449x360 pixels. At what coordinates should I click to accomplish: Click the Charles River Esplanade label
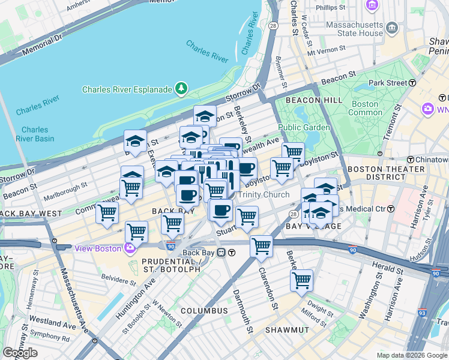(x=127, y=90)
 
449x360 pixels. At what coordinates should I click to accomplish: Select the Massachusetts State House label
(x=354, y=29)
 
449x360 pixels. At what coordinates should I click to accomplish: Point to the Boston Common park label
(x=364, y=108)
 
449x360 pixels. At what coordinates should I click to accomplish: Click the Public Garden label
(x=304, y=127)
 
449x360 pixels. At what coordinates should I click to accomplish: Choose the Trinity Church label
(x=264, y=194)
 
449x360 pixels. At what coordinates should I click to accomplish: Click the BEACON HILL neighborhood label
(x=314, y=100)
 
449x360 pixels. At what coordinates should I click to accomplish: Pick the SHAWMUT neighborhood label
(x=288, y=330)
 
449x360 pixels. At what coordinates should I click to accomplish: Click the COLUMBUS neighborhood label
(x=204, y=311)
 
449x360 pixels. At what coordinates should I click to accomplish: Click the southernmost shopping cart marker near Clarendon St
(x=301, y=280)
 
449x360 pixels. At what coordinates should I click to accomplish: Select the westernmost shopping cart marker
(x=107, y=212)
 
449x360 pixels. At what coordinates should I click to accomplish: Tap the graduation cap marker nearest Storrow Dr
(x=205, y=115)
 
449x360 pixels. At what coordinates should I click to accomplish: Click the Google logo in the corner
(x=20, y=353)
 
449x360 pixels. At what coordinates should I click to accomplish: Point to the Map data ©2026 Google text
(x=412, y=355)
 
